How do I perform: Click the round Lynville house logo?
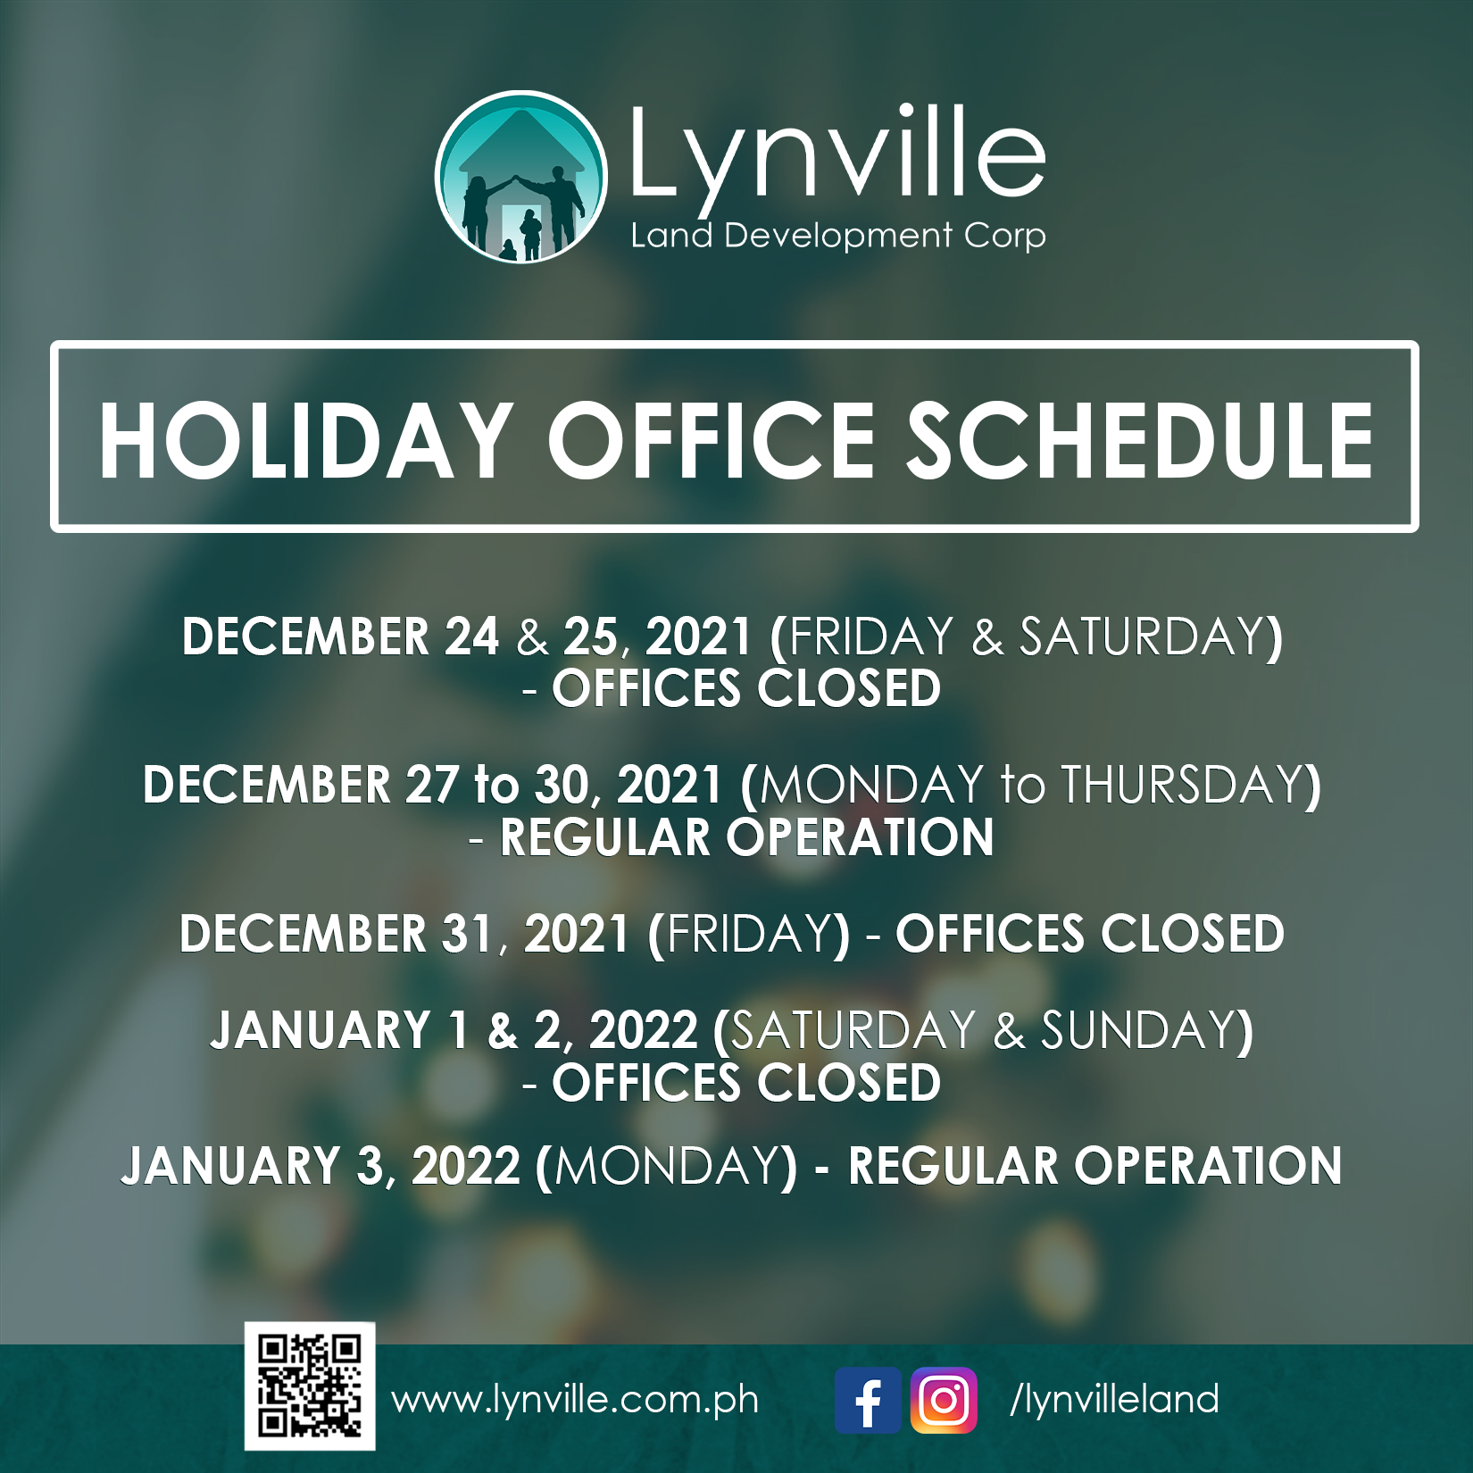(521, 177)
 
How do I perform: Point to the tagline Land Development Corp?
(838, 237)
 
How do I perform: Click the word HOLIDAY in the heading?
(305, 441)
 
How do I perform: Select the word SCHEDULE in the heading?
(1140, 441)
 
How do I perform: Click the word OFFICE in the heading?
(712, 441)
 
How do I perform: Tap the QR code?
(310, 1386)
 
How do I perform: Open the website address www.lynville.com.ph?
(576, 1400)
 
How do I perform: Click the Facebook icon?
(868, 1400)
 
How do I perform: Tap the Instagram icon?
(944, 1400)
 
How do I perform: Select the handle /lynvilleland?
(1114, 1400)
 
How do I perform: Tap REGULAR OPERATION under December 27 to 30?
(746, 837)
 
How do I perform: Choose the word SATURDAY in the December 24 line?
(1142, 637)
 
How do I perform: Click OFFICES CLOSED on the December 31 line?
(1090, 934)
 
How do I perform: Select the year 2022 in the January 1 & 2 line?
(644, 1030)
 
